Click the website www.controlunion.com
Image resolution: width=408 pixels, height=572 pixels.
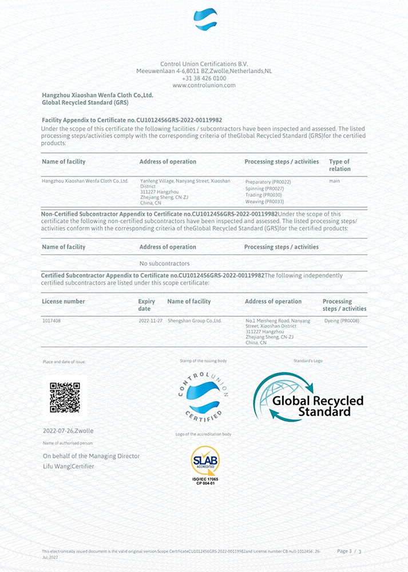(x=204, y=85)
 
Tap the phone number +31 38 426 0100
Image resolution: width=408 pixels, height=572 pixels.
(x=204, y=78)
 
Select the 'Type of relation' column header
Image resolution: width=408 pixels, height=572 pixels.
(x=339, y=165)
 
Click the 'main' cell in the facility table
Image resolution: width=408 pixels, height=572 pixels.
(x=335, y=181)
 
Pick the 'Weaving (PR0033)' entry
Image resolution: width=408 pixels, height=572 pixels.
(x=264, y=201)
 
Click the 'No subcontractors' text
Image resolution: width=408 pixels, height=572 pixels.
(x=164, y=264)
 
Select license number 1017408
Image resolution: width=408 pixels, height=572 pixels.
(x=52, y=321)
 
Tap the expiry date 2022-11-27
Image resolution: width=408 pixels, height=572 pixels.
(x=150, y=321)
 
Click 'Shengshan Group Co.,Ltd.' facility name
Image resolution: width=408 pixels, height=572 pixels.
(x=195, y=321)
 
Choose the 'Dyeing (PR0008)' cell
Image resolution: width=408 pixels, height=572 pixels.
(x=341, y=321)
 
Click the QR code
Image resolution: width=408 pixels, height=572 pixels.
(x=65, y=398)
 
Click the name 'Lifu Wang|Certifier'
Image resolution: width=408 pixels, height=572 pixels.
(x=68, y=466)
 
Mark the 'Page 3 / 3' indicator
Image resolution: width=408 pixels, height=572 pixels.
(x=349, y=551)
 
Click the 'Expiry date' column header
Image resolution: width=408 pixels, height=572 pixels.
(x=146, y=305)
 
